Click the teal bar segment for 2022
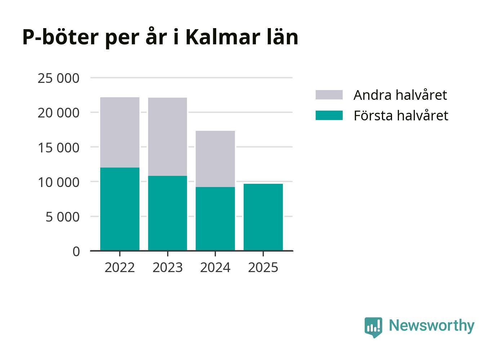(120, 209)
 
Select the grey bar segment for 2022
(120, 132)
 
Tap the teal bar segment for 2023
(168, 213)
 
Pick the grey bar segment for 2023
(168, 137)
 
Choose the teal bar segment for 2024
(215, 218)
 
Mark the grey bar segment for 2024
(215, 159)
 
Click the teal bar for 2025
(263, 217)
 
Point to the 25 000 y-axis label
(58, 78)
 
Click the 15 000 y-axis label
(58, 147)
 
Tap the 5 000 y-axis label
(62, 217)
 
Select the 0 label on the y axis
(76, 252)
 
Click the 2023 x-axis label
(168, 267)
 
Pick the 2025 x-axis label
(263, 267)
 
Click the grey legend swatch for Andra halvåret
(329, 95)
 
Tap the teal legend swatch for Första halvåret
(329, 115)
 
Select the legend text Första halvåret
(401, 115)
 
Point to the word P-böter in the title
(60, 37)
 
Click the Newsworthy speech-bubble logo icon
(373, 327)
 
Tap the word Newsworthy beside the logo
(431, 325)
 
